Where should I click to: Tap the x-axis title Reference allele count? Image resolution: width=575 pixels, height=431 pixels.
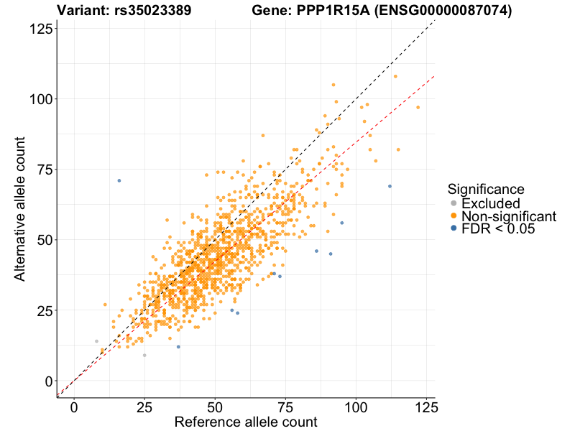[x=246, y=422]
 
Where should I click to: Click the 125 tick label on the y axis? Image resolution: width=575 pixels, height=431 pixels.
[x=40, y=28]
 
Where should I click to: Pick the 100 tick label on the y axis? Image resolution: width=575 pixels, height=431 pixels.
[x=40, y=98]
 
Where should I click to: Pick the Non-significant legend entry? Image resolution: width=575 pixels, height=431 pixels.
[x=509, y=216]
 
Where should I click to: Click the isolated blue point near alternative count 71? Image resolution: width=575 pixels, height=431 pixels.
[x=119, y=180]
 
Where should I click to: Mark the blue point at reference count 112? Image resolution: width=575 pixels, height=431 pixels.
[x=390, y=186]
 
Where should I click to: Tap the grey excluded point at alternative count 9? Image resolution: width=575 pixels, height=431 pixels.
[x=144, y=355]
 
